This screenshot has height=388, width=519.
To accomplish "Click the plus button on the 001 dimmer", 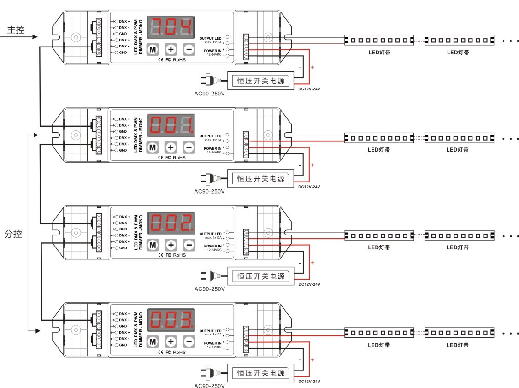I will click(x=171, y=147).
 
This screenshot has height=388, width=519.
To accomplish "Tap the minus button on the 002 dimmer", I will click(x=189, y=245).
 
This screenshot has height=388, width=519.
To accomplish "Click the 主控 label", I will click(x=16, y=30).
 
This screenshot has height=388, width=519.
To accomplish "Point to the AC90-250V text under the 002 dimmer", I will click(x=210, y=289).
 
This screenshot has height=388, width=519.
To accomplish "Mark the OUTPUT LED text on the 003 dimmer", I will click(x=210, y=331).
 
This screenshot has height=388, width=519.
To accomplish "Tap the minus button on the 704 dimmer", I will click(x=189, y=49).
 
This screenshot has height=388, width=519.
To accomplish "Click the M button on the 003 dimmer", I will click(x=153, y=342).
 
